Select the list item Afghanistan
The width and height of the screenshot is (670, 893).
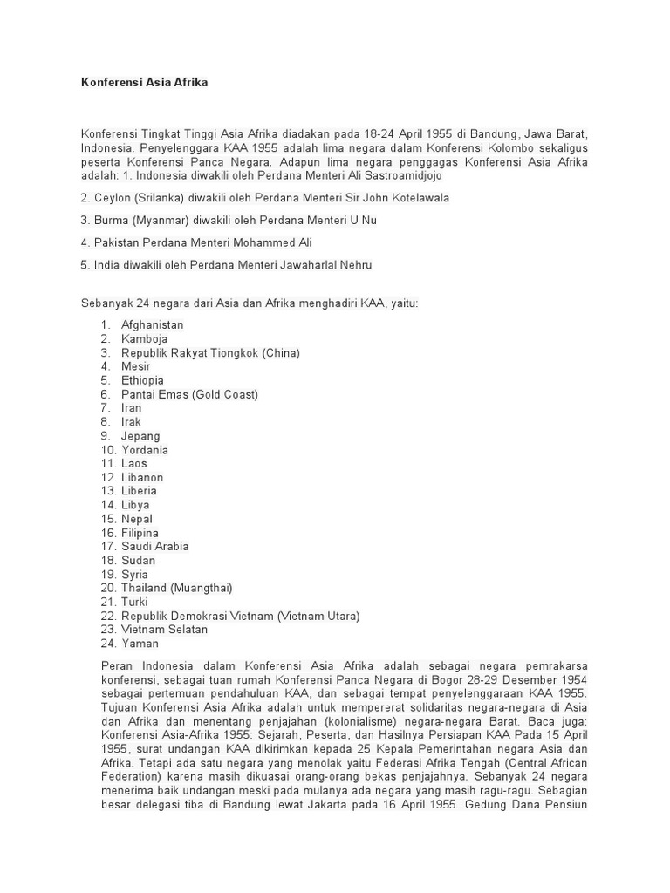pos(152,324)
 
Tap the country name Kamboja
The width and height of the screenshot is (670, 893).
pos(145,338)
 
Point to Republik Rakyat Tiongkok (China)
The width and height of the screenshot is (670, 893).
pos(210,352)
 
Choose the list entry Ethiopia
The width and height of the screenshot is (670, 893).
pos(142,380)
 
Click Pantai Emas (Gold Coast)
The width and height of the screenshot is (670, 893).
pos(189,394)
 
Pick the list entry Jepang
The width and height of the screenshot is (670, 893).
pos(140,436)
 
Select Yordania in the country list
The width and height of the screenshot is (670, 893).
pos(145,450)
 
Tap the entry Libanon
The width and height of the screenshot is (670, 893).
pos(142,477)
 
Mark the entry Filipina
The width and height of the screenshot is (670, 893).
pos(140,533)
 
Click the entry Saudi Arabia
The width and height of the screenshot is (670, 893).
pos(155,546)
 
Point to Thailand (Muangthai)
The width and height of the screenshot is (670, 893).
pos(177,588)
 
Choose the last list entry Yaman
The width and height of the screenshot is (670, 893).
pos(140,644)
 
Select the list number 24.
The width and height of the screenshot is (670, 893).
pos(108,644)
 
